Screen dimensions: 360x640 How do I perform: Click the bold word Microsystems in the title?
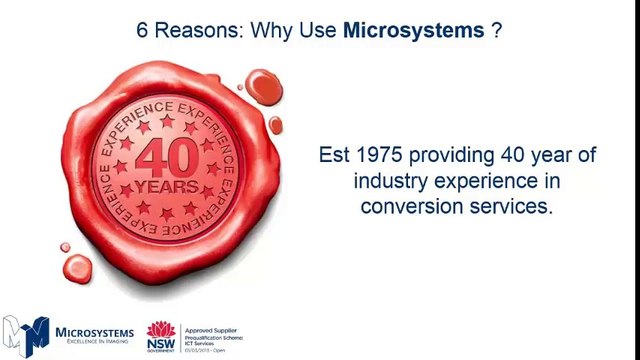pyautogui.click(x=413, y=30)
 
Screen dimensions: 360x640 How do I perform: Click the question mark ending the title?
pyautogui.click(x=496, y=30)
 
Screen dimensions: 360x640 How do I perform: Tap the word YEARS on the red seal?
pyautogui.click(x=166, y=187)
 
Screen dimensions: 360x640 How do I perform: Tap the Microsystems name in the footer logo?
pyautogui.click(x=95, y=332)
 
